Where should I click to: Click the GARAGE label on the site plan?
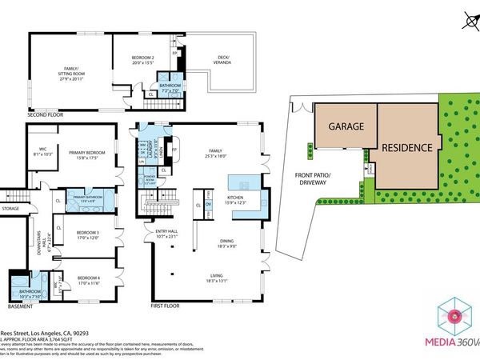pyautogui.click(x=344, y=126)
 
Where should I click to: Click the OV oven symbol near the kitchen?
pyautogui.click(x=209, y=205)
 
